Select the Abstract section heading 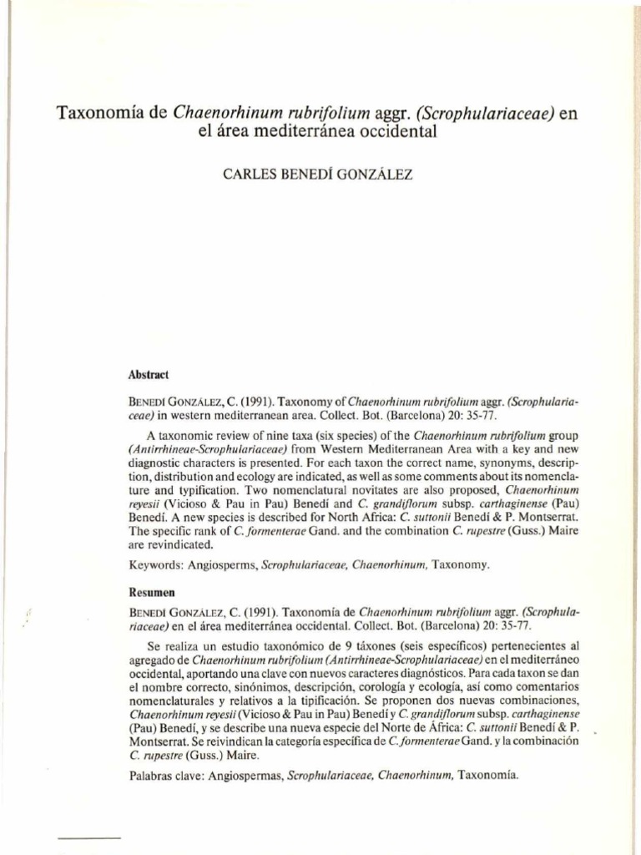pyautogui.click(x=148, y=376)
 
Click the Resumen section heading pyautogui.click(x=151, y=592)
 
